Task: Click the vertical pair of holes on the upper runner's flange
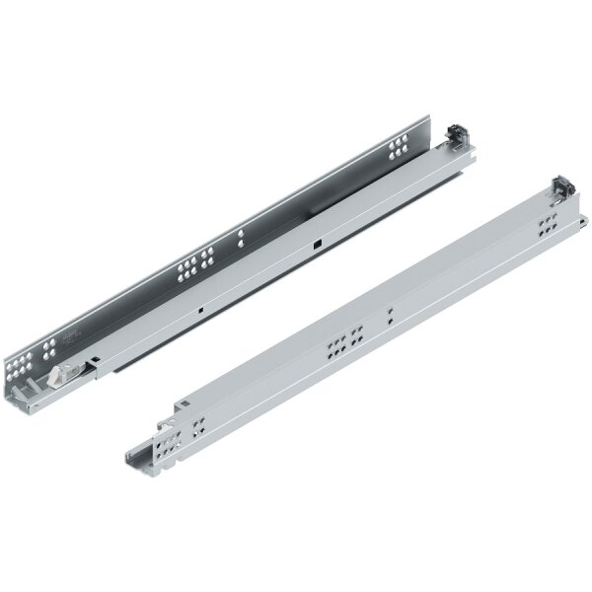tap(240, 239)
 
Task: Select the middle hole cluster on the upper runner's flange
tap(194, 268)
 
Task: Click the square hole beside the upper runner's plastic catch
tap(95, 359)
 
